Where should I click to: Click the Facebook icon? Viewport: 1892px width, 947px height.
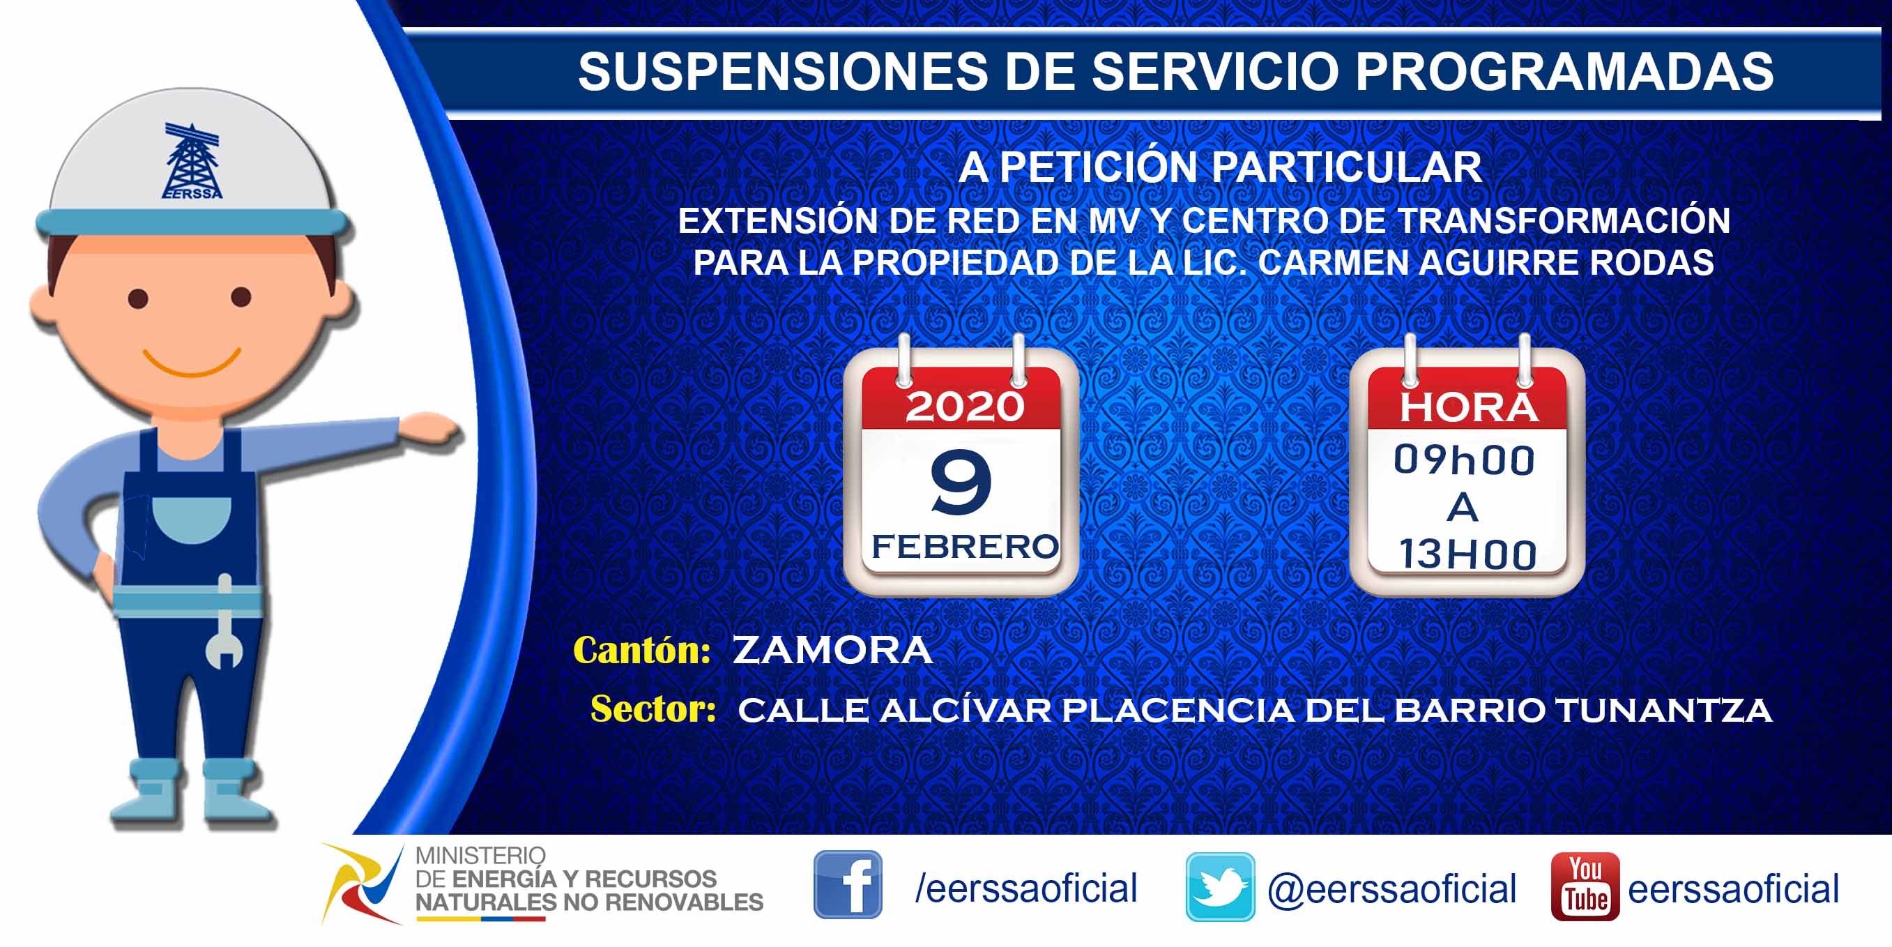tap(848, 884)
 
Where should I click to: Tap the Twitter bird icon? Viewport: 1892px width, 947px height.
tap(1220, 887)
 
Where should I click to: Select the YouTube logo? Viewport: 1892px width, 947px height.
tap(1585, 886)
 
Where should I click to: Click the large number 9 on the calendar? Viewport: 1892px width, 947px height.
tap(961, 482)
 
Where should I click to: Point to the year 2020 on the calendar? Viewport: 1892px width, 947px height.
tap(964, 407)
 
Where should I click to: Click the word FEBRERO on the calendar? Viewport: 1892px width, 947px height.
tap(965, 547)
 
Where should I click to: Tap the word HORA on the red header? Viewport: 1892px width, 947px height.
tap(1468, 408)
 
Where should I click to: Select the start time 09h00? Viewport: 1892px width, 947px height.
tap(1465, 460)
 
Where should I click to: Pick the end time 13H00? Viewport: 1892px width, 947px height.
tap(1467, 554)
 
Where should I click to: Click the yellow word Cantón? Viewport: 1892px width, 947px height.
tap(641, 650)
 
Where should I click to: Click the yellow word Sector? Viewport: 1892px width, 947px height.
tap(653, 709)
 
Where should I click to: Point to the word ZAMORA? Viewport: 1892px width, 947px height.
tap(833, 650)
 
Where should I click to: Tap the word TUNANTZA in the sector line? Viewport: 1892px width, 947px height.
tap(1663, 711)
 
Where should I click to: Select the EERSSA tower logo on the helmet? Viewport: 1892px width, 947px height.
tap(192, 161)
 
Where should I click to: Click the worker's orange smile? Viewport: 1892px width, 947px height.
tap(192, 361)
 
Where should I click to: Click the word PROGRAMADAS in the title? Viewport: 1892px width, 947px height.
tap(1564, 71)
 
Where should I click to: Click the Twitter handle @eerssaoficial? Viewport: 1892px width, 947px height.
tap(1392, 889)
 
